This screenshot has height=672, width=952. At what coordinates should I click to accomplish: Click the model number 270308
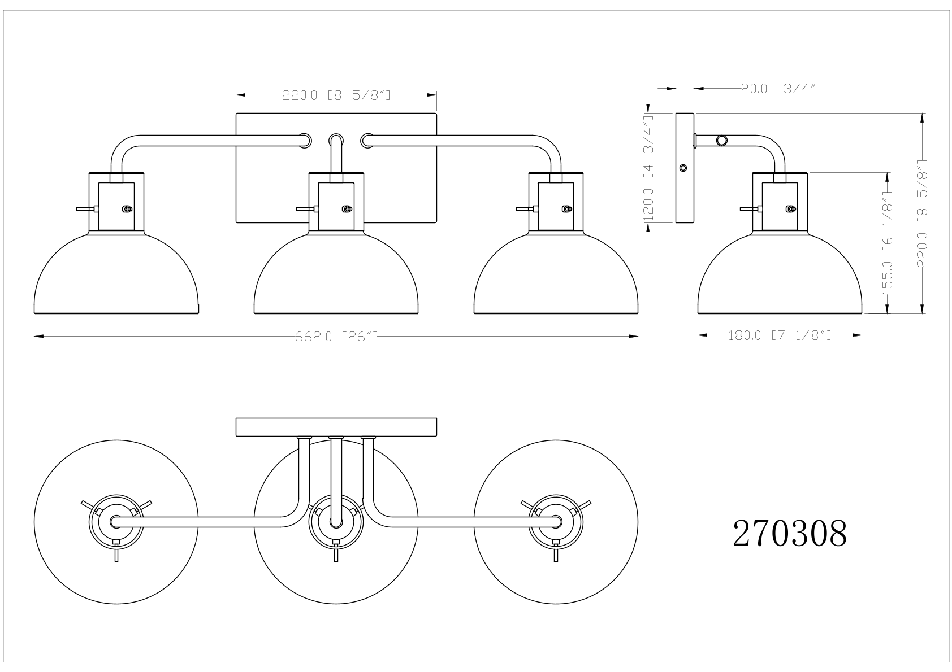click(x=790, y=534)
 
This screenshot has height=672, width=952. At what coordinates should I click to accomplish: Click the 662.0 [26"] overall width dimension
click(x=336, y=337)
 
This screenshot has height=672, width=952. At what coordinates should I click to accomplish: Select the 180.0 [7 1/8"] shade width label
click(x=780, y=335)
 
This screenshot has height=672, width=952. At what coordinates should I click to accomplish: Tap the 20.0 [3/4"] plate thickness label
click(x=782, y=89)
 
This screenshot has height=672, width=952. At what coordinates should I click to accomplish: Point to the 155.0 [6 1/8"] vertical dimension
click(x=888, y=243)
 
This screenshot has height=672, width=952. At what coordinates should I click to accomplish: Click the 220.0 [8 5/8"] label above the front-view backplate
click(x=336, y=95)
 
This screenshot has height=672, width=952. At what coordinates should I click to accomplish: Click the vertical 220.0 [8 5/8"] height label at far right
click(x=922, y=213)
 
